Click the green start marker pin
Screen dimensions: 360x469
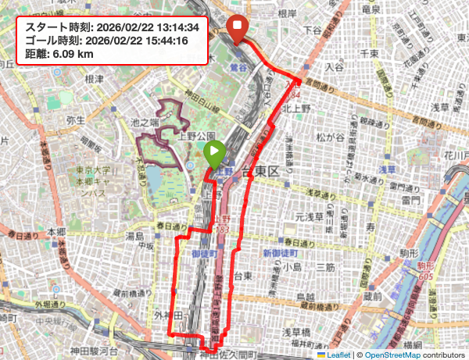[215, 155]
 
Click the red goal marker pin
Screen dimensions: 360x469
[238, 30]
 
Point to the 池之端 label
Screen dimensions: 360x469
[145, 122]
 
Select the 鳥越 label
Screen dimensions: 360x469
[306, 298]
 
